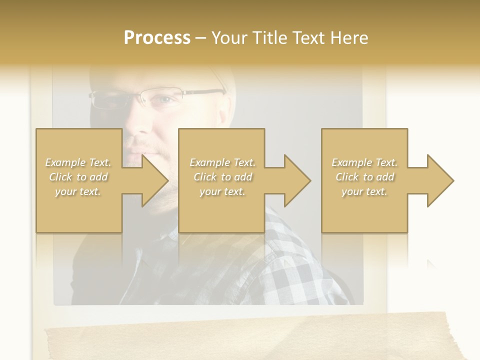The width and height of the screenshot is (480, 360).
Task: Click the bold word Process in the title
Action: (157, 38)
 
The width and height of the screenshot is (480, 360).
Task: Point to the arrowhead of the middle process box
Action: (296, 180)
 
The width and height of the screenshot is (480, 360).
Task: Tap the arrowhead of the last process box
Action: (439, 180)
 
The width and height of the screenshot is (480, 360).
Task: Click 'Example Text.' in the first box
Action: (78, 162)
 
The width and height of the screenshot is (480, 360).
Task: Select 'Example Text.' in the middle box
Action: (222, 162)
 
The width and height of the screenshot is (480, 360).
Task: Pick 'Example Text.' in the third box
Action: (364, 162)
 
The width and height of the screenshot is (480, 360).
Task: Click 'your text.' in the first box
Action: (78, 191)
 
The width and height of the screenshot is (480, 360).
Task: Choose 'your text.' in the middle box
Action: (222, 191)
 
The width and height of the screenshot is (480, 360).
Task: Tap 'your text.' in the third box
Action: (364, 191)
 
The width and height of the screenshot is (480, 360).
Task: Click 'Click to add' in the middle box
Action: (222, 177)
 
